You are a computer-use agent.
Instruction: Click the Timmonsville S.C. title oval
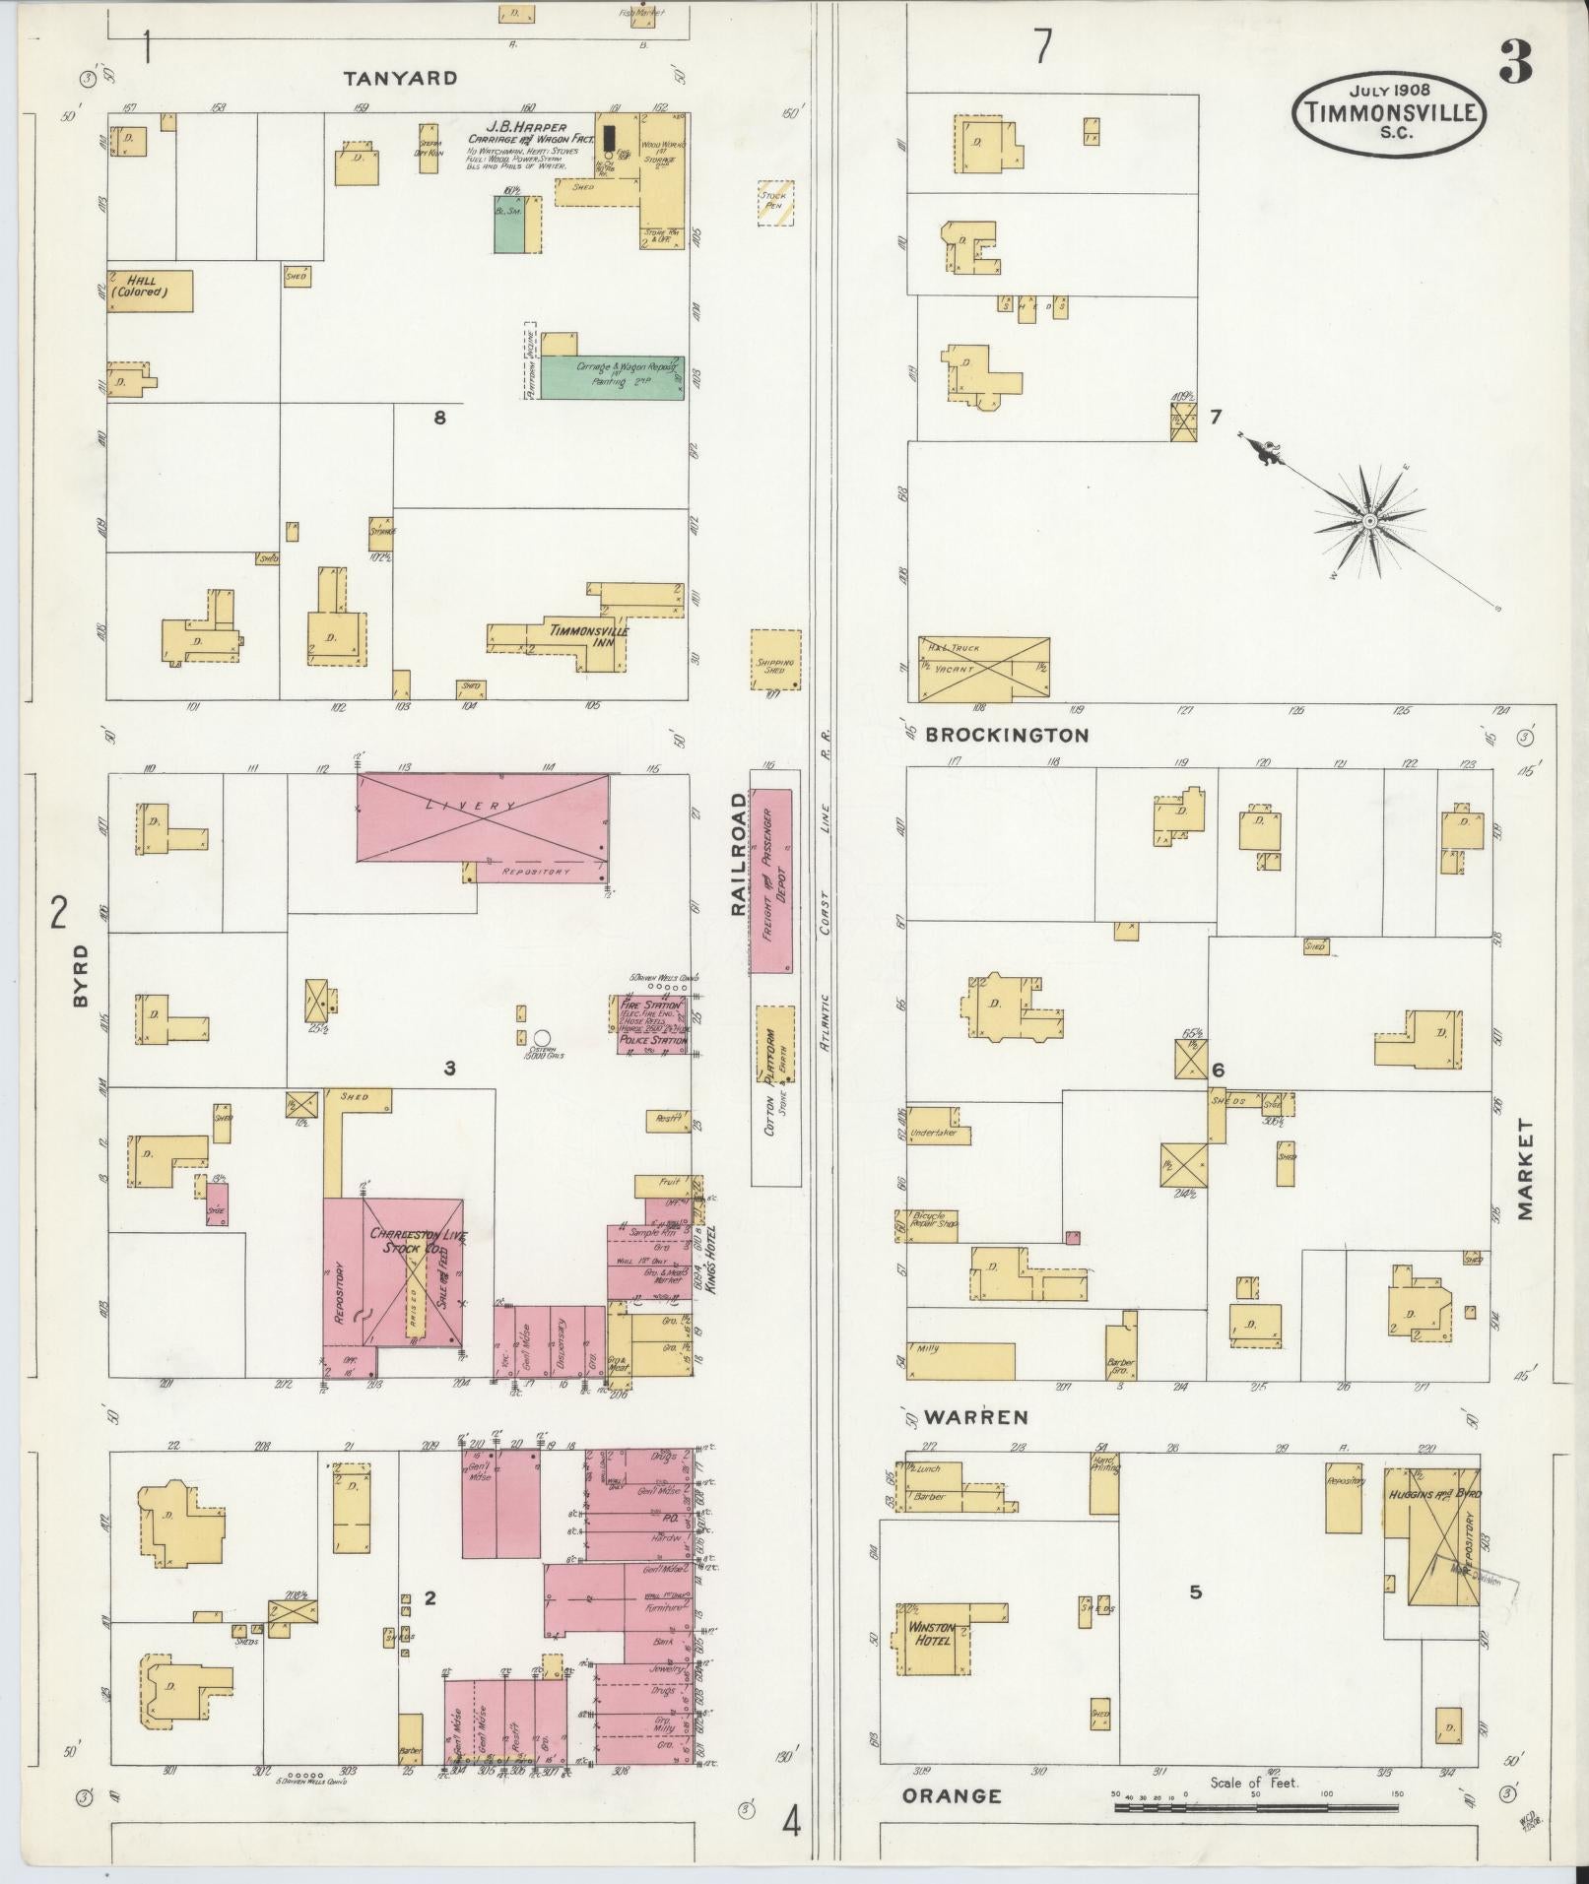pos(1390,112)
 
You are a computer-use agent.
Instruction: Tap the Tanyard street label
pos(401,78)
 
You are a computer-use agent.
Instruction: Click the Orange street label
pos(952,1795)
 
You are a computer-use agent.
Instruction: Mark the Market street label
pos(1526,1169)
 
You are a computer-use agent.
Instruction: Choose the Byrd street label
pos(80,975)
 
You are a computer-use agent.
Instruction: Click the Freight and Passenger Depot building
pos(772,880)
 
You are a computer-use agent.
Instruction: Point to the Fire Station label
pos(651,1006)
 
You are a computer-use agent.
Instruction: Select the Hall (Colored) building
pos(150,291)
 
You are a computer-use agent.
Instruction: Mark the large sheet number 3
pos(1515,62)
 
